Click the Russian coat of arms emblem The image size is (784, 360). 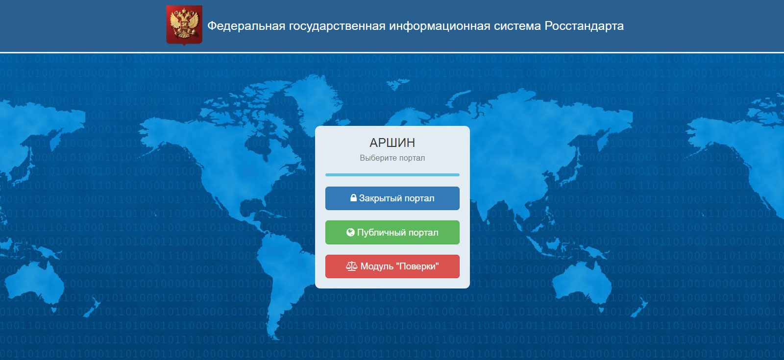pos(184,25)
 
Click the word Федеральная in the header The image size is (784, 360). pos(246,26)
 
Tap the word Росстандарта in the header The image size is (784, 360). pos(584,26)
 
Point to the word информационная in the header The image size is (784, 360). pos(440,26)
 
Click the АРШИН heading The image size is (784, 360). pos(392,143)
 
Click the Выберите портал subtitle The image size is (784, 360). pos(392,158)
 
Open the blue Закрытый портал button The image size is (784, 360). pos(392,198)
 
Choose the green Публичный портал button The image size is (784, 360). pos(392,232)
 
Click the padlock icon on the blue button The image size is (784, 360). pos(353,198)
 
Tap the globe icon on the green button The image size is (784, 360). pos(350,232)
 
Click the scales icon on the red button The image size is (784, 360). pos(352,266)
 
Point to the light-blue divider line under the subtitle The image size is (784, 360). pos(392,174)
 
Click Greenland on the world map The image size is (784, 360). pos(313,100)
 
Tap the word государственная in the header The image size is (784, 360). pos(338,26)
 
